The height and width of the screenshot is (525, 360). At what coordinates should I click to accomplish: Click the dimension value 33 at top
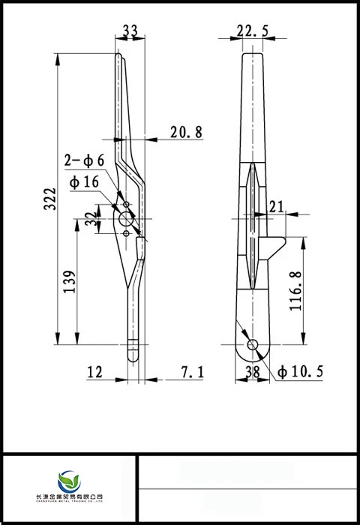tap(130, 31)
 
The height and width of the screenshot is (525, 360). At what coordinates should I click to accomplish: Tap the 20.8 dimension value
tap(186, 133)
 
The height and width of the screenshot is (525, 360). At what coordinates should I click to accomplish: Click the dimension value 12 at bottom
tap(95, 371)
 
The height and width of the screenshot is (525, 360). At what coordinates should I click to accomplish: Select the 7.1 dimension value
tap(192, 371)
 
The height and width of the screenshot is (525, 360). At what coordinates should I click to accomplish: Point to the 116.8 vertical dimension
tap(296, 292)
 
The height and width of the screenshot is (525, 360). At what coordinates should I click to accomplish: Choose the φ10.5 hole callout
tap(300, 371)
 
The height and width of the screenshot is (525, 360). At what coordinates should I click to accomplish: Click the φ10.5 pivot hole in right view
tap(253, 344)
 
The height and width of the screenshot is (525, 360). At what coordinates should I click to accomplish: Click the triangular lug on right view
tap(275, 245)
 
